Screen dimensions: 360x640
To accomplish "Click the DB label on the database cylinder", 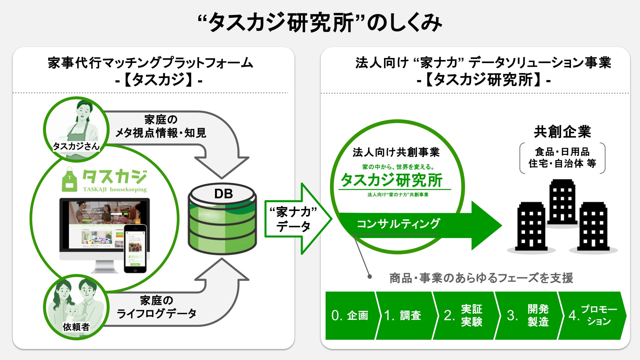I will [223, 194].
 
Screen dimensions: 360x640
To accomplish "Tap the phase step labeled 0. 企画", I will [350, 315].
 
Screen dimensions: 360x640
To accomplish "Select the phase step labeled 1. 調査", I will [403, 315].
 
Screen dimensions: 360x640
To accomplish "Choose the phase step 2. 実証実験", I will [463, 315].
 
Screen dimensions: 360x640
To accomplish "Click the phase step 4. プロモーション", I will [593, 315].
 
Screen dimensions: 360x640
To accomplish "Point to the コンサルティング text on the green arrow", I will [398, 224].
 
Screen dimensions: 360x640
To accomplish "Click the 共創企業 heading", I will [562, 132].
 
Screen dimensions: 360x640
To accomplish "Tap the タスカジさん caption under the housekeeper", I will [76, 146].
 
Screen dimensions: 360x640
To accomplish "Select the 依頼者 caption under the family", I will [76, 327].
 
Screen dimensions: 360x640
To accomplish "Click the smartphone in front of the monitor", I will [135, 248].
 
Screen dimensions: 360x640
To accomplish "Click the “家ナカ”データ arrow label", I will [294, 219].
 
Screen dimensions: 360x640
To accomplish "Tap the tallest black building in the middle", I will [562, 202].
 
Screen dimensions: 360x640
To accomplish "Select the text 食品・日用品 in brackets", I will [562, 152].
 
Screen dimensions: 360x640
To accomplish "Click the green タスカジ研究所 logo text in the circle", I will [392, 180].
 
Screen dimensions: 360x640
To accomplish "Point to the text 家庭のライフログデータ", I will [156, 307].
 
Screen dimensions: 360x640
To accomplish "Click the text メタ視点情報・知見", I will [161, 133].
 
